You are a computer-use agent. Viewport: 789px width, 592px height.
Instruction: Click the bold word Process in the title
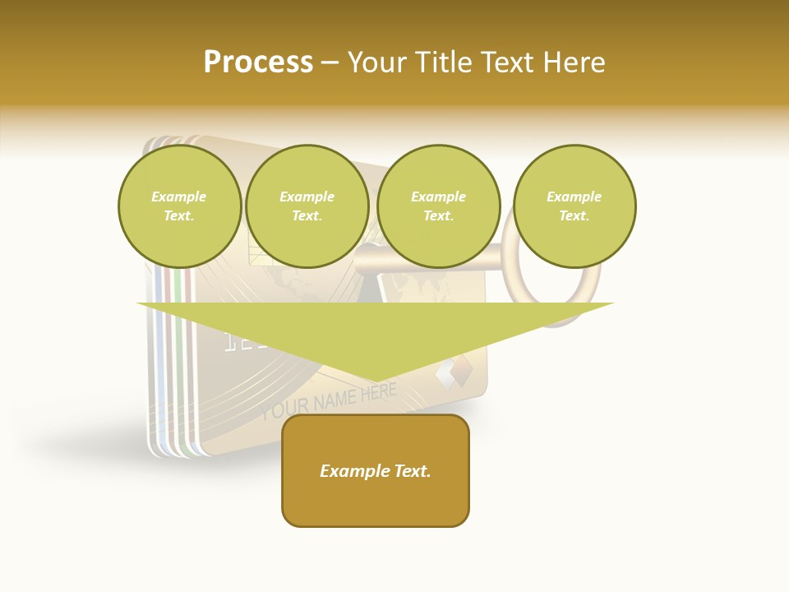258,62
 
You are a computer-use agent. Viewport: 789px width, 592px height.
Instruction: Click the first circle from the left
180,206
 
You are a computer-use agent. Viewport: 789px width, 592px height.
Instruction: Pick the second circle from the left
307,206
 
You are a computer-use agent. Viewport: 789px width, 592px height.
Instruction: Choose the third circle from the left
438,206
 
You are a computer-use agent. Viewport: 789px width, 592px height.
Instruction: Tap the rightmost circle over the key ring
574,206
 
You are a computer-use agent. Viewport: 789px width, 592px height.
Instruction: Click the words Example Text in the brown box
376,471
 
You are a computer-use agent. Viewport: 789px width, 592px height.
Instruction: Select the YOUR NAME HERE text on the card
329,400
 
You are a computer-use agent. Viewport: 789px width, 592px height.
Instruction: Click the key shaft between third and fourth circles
507,260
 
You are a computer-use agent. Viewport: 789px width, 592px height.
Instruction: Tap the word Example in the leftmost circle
179,197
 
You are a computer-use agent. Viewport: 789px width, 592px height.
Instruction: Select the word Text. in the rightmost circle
574,215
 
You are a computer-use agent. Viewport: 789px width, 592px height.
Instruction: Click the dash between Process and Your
330,62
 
